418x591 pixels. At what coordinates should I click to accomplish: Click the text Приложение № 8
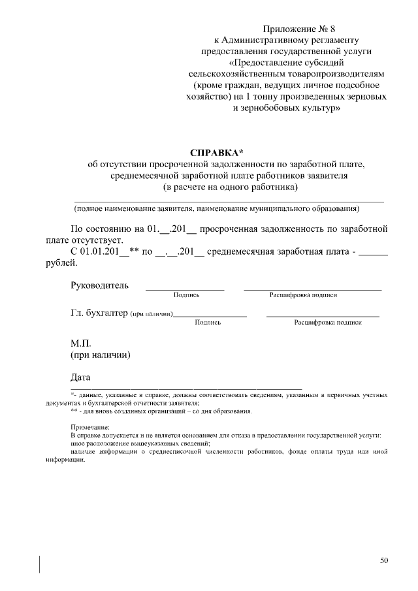click(x=298, y=29)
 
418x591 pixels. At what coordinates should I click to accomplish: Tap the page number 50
click(x=384, y=560)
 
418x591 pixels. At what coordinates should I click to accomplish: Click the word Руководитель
click(x=99, y=285)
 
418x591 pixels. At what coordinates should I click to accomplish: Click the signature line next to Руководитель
click(x=185, y=288)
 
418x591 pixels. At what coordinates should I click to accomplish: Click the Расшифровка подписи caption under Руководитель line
click(x=303, y=295)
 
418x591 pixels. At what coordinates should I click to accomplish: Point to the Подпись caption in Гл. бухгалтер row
click(x=208, y=323)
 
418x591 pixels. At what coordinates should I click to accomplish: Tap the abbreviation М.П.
click(x=82, y=343)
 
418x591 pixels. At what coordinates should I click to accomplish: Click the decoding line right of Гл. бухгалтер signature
click(x=323, y=315)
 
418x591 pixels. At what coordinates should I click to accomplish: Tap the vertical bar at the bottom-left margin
click(x=40, y=564)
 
